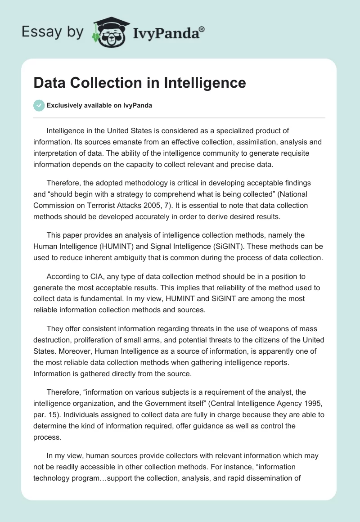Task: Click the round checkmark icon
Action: [39, 105]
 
